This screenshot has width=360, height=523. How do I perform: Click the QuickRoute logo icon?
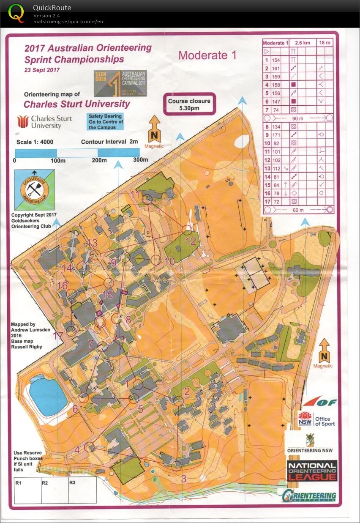tap(16, 12)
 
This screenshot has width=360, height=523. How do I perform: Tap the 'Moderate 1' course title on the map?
tap(207, 55)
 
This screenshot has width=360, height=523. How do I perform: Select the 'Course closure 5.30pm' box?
tap(190, 104)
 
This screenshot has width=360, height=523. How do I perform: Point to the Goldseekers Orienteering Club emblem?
tap(35, 190)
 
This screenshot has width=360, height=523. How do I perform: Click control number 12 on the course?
tap(191, 241)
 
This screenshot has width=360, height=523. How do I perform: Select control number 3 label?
tap(183, 479)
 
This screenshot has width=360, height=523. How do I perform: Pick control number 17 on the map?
tap(58, 336)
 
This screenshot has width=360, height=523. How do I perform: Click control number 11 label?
tap(135, 194)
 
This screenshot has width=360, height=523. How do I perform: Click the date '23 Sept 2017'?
tap(42, 70)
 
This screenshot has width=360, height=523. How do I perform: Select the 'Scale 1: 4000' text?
tap(35, 142)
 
